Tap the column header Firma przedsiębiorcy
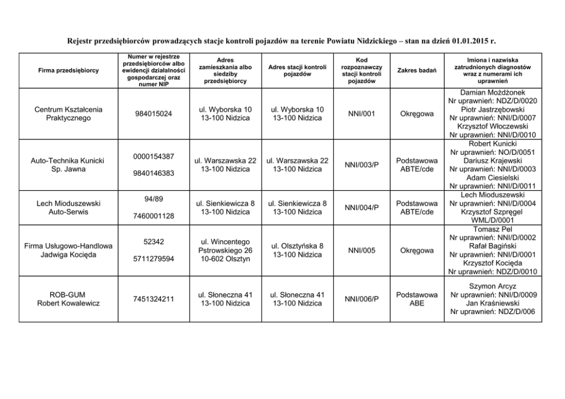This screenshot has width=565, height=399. coord(68,70)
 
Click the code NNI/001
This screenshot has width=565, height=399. coord(361,114)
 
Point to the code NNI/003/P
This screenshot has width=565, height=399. coord(361,165)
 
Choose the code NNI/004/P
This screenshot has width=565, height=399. coord(361,207)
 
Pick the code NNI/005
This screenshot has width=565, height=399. coord(361,250)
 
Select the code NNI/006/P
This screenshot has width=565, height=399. coord(361,299)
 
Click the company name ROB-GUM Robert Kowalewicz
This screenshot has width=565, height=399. coord(68,299)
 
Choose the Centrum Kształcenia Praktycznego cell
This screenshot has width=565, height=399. coord(68,114)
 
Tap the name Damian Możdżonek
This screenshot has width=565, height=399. coord(493,92)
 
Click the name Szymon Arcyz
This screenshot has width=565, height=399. coord(493,286)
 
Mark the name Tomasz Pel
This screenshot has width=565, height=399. coord(493,229)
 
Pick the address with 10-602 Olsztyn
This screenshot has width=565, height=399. coord(225,250)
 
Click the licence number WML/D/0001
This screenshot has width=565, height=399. coord(493,220)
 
